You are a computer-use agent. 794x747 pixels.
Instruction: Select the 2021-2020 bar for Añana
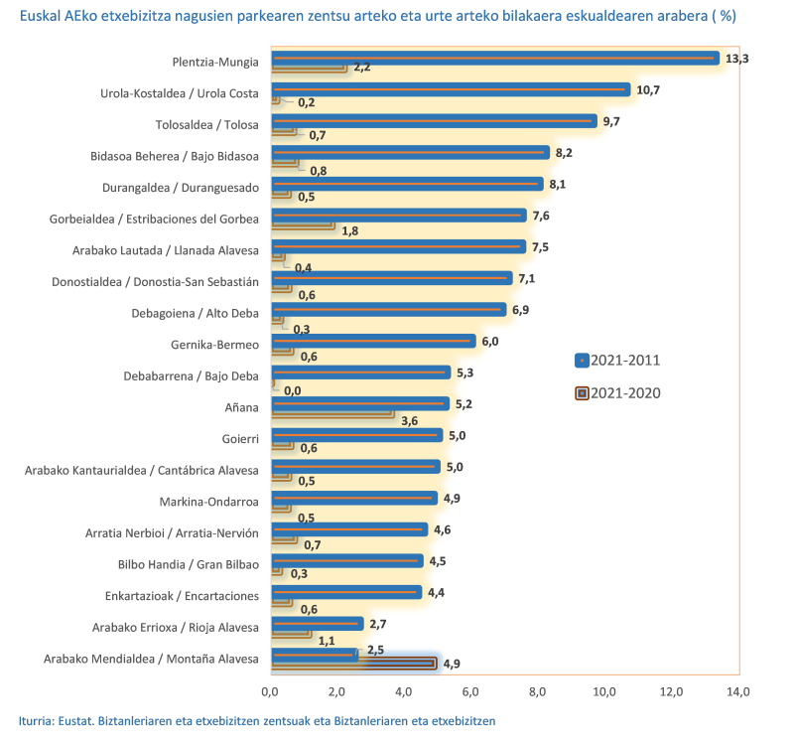(331, 414)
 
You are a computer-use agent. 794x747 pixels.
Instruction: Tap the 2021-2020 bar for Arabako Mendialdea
(352, 663)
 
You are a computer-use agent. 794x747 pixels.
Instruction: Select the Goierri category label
(239, 438)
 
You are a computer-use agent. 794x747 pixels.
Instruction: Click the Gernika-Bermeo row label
(215, 344)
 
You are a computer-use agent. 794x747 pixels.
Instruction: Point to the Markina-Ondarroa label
(208, 502)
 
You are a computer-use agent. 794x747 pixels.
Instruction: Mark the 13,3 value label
(737, 59)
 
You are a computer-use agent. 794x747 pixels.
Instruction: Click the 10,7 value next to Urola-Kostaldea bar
(648, 89)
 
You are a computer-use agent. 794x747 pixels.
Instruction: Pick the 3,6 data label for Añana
(409, 420)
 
